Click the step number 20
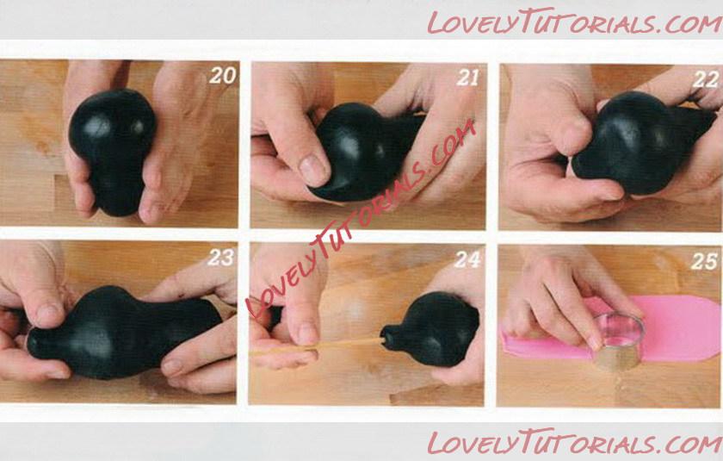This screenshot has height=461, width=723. tap(223, 76)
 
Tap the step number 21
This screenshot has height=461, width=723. tap(468, 78)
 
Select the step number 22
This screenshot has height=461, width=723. tap(706, 79)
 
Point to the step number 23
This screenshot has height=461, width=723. tap(220, 258)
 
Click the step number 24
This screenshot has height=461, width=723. tap(467, 260)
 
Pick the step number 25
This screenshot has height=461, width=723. tap(704, 261)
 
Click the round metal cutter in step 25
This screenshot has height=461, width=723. tap(618, 340)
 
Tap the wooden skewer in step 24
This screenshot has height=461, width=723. tap(318, 346)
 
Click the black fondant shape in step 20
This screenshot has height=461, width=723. tap(111, 150)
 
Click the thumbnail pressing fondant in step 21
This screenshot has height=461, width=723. tap(313, 170)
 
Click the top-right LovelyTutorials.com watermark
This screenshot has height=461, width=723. tap(575, 22)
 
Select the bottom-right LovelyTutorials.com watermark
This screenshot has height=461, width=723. tap(575, 442)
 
